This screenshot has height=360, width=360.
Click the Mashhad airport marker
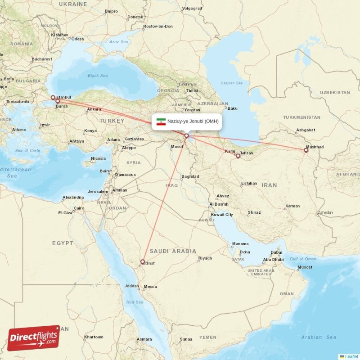306,150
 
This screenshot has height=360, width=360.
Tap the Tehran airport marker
238,156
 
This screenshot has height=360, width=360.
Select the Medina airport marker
143,261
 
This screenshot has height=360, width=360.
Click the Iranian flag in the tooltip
161,121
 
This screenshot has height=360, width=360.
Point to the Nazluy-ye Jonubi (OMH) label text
193,121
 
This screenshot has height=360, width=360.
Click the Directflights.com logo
34,338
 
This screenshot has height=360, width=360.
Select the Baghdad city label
189,176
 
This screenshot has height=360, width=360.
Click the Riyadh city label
205,258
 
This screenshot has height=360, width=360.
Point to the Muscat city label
305,267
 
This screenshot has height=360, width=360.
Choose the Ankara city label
94,109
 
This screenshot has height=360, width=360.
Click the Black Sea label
98,76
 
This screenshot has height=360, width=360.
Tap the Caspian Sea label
231,83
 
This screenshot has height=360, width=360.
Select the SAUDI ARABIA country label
173,251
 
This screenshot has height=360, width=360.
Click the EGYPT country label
63,243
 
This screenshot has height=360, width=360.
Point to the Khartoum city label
94,337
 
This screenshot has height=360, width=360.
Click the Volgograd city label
192,8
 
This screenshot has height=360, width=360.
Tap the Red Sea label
135,302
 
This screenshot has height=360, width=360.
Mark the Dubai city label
276,252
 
